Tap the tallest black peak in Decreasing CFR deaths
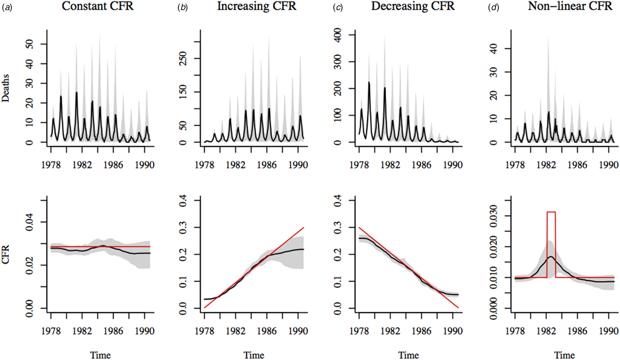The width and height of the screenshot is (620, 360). pos(369,82)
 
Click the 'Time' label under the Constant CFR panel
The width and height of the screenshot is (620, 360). pos(101,355)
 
